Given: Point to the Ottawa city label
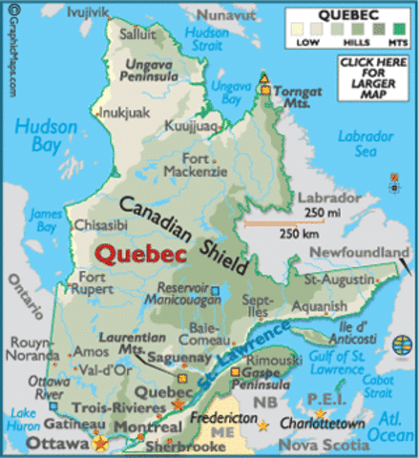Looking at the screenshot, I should [x=37, y=442].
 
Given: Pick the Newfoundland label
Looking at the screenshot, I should [x=365, y=249].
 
